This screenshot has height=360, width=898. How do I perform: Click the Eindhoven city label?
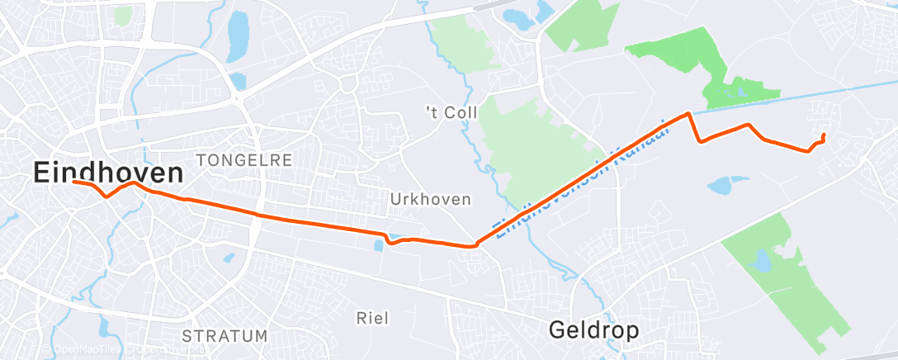click(108, 173)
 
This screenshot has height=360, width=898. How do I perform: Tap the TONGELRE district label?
click(243, 160)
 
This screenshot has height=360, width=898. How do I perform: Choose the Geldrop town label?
click(594, 330)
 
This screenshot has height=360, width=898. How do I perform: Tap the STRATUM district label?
click(224, 336)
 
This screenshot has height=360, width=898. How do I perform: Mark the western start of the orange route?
click(73, 181)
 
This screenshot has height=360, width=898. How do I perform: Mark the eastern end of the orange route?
click(825, 134)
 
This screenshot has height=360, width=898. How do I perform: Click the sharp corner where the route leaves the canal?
click(687, 114)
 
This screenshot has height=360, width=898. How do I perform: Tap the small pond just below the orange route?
click(379, 244)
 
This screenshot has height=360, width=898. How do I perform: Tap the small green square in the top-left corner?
click(123, 15)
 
